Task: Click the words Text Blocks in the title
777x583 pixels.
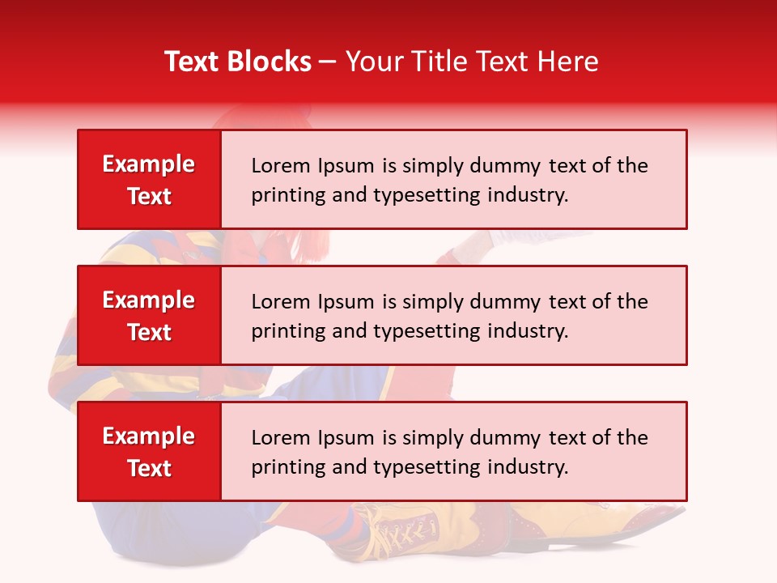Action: point(237,62)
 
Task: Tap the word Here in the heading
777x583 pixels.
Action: point(569,62)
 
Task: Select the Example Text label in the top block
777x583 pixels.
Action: point(149,180)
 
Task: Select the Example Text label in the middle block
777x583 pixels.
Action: point(149,316)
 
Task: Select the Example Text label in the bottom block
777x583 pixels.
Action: point(149,452)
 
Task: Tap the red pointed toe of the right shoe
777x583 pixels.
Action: point(660,513)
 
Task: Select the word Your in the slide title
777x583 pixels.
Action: point(368,62)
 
